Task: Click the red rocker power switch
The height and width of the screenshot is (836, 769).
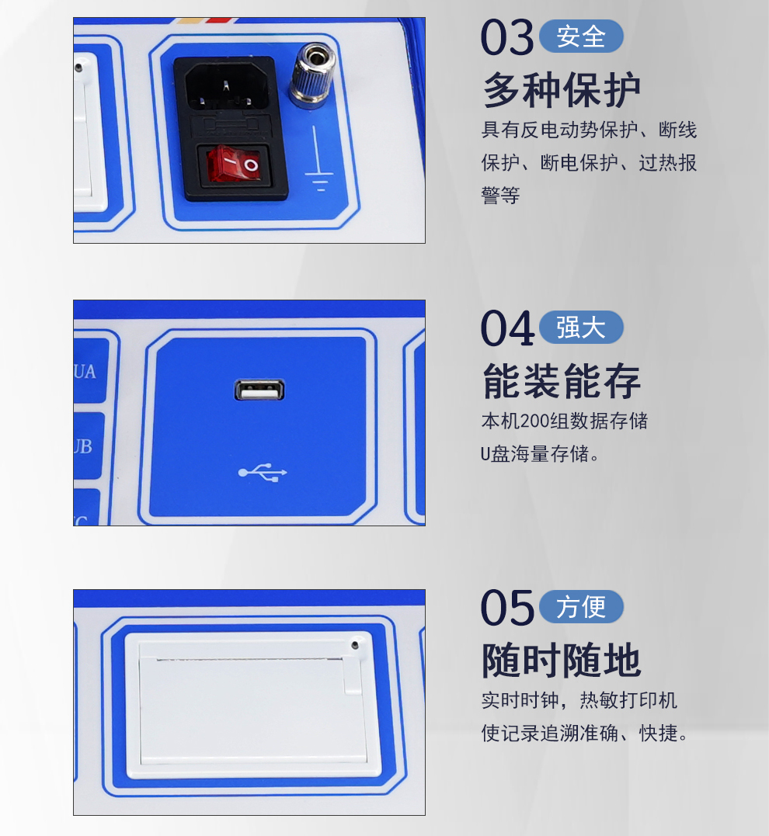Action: (x=235, y=165)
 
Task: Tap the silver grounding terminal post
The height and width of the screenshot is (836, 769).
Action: (x=312, y=75)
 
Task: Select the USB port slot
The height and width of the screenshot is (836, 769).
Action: (x=259, y=390)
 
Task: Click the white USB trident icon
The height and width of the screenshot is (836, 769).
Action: (x=263, y=473)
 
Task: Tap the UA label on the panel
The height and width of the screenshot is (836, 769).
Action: (x=85, y=372)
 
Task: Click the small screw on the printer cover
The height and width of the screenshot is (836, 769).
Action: (x=355, y=645)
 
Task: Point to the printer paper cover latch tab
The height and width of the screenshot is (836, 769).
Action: (x=352, y=676)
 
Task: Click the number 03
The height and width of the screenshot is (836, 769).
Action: (x=507, y=37)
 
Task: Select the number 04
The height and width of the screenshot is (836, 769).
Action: (x=507, y=328)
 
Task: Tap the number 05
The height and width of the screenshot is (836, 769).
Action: (x=507, y=608)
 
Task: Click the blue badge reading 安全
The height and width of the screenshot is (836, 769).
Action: (x=581, y=36)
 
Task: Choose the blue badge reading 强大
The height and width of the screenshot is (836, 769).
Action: (x=581, y=328)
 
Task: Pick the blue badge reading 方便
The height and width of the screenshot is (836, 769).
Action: (x=581, y=607)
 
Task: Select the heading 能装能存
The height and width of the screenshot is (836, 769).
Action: (x=562, y=380)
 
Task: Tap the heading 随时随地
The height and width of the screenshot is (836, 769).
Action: (x=562, y=660)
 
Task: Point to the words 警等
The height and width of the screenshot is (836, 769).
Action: (x=500, y=195)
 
